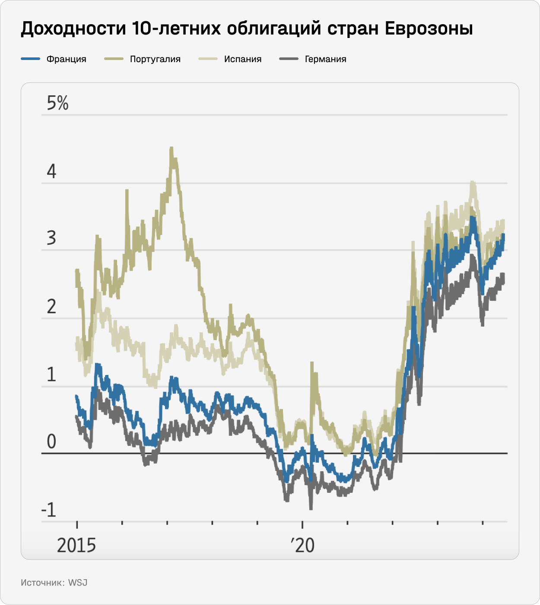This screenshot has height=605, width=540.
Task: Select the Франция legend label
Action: pyautogui.click(x=67, y=59)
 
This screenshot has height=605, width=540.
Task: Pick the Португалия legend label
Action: pyautogui.click(x=155, y=59)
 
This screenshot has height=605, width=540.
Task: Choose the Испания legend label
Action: pyautogui.click(x=243, y=59)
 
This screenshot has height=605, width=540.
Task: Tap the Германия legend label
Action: pyautogui.click(x=326, y=59)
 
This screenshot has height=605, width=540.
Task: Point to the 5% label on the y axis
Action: pyautogui.click(x=58, y=104)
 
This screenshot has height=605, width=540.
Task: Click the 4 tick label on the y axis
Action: pyautogui.click(x=52, y=172)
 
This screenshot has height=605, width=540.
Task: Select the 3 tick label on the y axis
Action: pyautogui.click(x=52, y=238)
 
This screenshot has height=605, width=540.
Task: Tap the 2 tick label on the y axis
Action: pyautogui.click(x=52, y=307)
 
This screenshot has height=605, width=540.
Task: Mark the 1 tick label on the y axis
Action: pyautogui.click(x=52, y=375)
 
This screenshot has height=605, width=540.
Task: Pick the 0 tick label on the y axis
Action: pyautogui.click(x=52, y=442)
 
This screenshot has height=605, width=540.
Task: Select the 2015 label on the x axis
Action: pyautogui.click(x=76, y=545)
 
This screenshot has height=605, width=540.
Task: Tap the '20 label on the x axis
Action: pyautogui.click(x=303, y=545)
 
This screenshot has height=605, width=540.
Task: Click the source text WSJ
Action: pyautogui.click(x=78, y=583)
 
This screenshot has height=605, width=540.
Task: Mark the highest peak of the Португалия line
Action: pyautogui.click(x=172, y=148)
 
